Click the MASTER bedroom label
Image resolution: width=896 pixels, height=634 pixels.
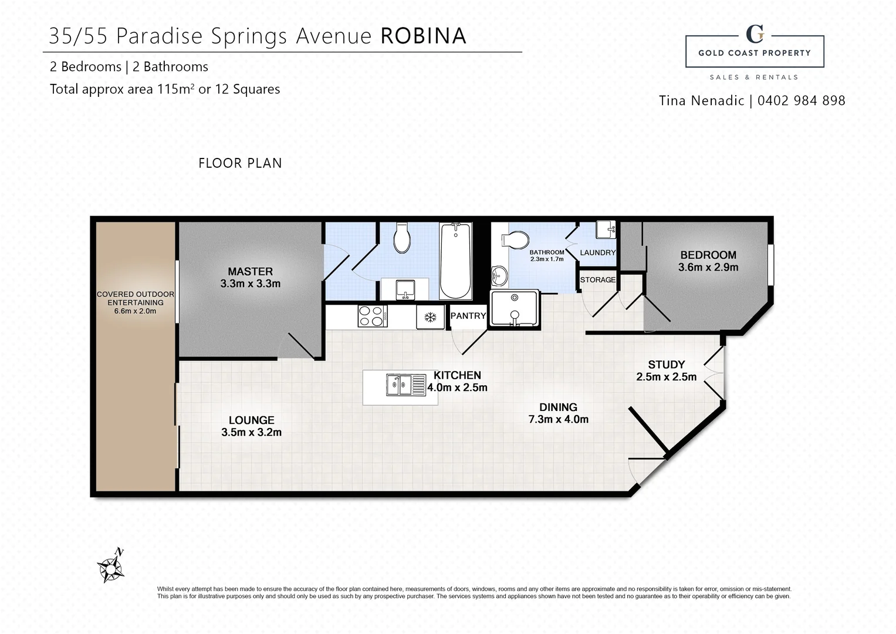coord(250,271)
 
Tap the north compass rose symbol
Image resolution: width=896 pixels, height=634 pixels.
coord(110,567)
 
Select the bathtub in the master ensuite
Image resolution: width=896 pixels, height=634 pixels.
coord(455,261)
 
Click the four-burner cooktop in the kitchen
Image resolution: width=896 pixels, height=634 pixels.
coord(372,316)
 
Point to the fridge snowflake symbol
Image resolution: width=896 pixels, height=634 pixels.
coord(430,318)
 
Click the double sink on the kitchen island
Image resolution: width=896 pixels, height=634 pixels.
coord(405,385)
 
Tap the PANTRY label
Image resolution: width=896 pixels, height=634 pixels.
coord(468,316)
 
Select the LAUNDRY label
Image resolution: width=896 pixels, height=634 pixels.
coord(597,252)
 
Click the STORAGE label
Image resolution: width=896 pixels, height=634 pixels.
coord(597,280)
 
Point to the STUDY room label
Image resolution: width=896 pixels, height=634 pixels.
coord(666,365)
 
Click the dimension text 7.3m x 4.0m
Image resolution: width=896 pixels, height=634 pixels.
coord(558,419)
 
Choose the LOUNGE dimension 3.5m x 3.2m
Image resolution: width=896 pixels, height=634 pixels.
coord(251,433)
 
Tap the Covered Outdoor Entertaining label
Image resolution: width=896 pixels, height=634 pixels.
coord(135,298)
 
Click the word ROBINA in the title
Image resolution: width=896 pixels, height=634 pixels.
coord(423,36)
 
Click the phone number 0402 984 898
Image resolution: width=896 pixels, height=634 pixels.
coord(801,100)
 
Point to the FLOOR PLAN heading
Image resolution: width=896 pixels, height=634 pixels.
coord(240,163)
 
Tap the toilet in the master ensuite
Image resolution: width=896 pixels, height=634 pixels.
coord(402,238)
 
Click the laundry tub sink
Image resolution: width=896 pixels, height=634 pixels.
coord(606,230)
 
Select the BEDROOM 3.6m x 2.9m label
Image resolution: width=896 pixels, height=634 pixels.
coord(708,261)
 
